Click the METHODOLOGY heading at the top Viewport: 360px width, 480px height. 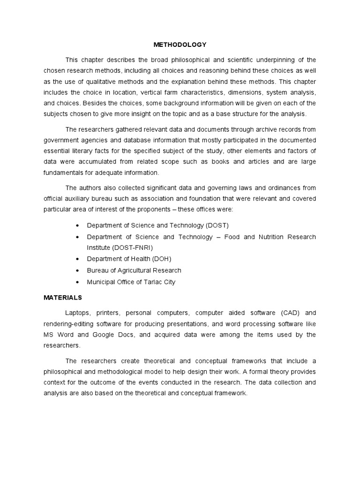[180, 45]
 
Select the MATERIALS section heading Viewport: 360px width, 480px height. [63, 297]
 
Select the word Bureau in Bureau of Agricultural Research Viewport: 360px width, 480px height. [98, 270]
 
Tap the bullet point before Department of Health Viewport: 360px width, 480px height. [77, 259]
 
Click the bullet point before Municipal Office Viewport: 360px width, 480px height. [77, 282]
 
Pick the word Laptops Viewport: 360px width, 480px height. [78, 313]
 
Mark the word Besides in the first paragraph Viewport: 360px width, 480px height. [91, 103]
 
